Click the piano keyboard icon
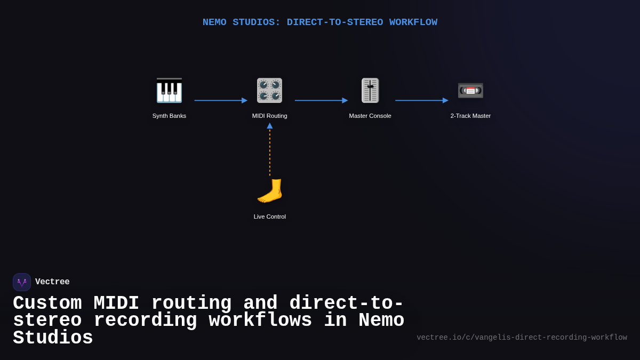tap(169, 90)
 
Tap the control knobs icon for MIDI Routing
tap(269, 90)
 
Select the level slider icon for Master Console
tap(370, 90)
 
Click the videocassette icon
tap(470, 90)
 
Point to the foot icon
tap(269, 191)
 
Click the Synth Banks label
tap(169, 116)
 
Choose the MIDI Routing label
tap(269, 116)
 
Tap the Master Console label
tap(370, 116)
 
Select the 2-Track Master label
tap(470, 116)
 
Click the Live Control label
tap(269, 217)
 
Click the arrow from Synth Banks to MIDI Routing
tap(220, 100)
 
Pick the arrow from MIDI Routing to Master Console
tap(321, 100)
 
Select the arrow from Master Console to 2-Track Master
tap(421, 100)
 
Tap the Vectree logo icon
tap(22, 282)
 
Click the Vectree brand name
tap(52, 282)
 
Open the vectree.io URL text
tap(522, 338)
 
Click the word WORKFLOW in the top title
tap(413, 22)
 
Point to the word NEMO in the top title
tap(214, 22)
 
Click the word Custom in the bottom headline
tap(47, 303)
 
